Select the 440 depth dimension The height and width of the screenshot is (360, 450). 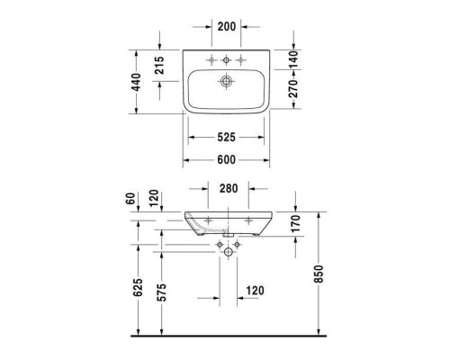[x=137, y=82]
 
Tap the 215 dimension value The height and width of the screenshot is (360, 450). [x=161, y=67]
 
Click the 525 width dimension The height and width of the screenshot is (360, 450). [x=226, y=139]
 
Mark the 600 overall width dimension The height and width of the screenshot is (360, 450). [x=226, y=160]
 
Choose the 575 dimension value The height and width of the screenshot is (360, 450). [x=161, y=292]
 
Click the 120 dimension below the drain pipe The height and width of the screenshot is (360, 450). [x=256, y=292]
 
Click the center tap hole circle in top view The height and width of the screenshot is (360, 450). [x=226, y=61]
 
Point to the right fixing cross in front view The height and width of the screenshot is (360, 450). [x=247, y=219]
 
